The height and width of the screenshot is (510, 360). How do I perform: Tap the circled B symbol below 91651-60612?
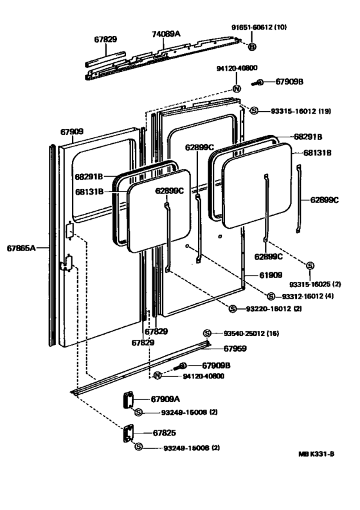252,47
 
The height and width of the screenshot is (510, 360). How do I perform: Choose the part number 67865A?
22,246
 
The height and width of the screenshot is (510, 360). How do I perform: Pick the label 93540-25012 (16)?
253,333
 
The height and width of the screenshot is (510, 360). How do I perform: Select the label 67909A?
165,399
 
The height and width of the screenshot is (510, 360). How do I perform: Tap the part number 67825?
165,433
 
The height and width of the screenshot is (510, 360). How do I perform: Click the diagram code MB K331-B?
316,454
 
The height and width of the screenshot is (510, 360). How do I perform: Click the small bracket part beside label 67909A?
126,400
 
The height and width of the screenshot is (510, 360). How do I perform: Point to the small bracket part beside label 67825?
126,434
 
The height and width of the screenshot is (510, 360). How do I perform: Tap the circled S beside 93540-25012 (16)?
207,333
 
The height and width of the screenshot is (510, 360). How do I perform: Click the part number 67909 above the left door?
72,131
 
